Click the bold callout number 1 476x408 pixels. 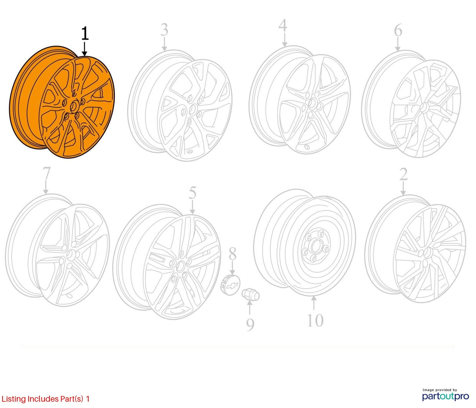85,34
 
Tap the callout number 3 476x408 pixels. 164,30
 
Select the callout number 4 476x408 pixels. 283,25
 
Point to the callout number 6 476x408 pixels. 398,30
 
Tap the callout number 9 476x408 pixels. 250,324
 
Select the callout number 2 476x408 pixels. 403,175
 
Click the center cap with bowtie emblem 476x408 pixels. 230,285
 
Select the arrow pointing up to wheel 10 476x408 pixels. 314,303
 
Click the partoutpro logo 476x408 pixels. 446,396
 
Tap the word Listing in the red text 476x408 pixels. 14,399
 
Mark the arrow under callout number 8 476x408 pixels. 233,267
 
